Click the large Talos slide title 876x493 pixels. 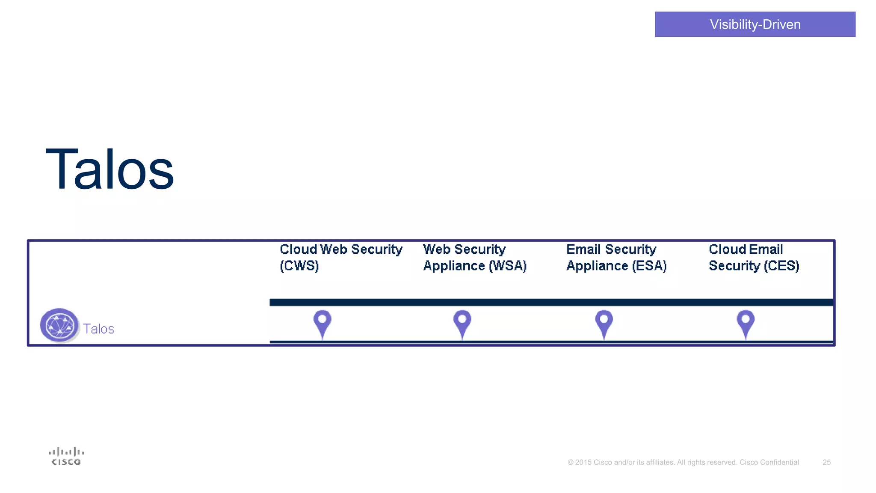(x=110, y=169)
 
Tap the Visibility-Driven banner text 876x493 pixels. (x=755, y=24)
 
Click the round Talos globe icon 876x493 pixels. (x=59, y=325)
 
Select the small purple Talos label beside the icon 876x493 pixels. (x=98, y=329)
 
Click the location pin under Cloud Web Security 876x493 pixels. (x=323, y=322)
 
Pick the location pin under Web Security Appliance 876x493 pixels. (x=462, y=322)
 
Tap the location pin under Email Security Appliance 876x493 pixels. (x=604, y=322)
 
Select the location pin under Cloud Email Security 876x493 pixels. (x=746, y=322)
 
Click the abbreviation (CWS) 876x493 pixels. (x=299, y=266)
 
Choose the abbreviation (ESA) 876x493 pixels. (x=649, y=266)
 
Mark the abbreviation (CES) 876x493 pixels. (x=781, y=266)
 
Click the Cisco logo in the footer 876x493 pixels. (x=66, y=456)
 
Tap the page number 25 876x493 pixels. (x=826, y=462)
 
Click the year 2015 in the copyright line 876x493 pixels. (x=583, y=462)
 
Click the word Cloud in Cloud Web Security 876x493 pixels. (x=298, y=249)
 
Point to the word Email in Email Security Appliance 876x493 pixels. (x=584, y=249)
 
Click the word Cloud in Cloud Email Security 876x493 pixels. (x=727, y=249)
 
